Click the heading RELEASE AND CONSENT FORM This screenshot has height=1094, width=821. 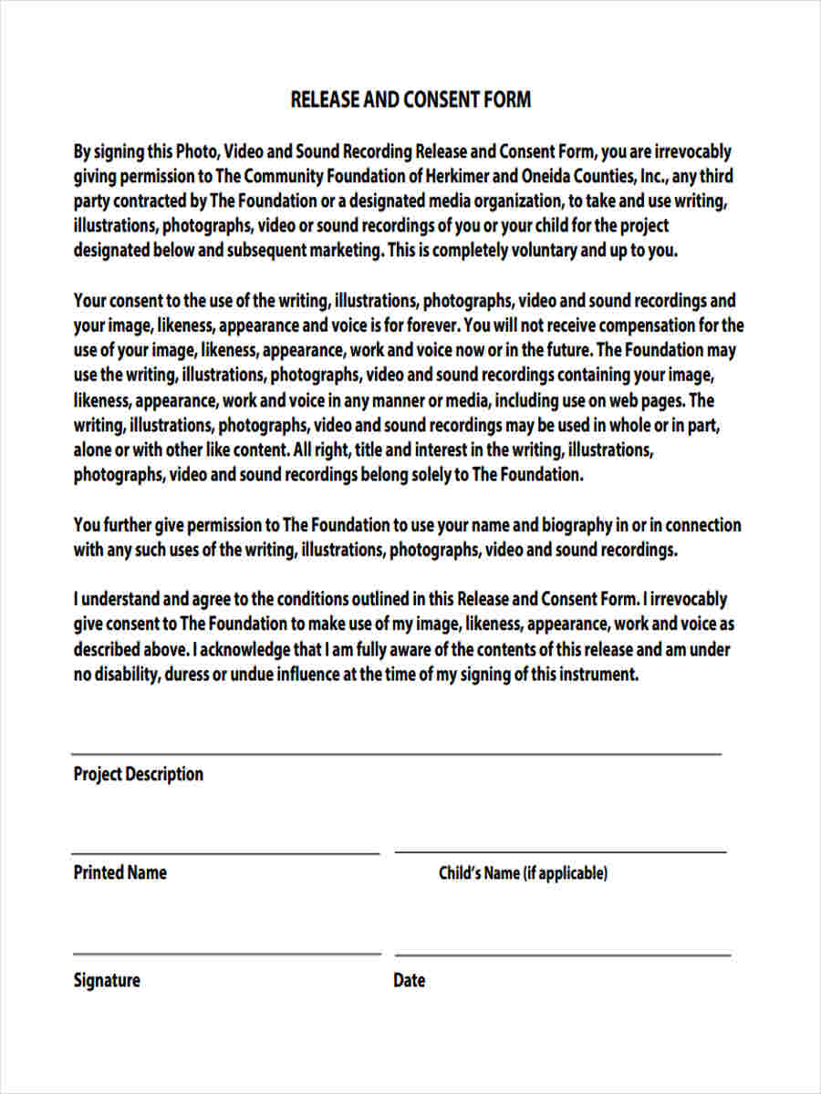pos(410,99)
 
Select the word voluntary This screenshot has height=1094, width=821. pos(544,251)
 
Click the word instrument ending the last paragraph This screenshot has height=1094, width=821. pos(597,675)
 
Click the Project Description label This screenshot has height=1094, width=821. pos(139,774)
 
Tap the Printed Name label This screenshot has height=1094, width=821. pos(120,872)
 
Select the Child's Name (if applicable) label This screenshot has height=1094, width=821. pos(523,873)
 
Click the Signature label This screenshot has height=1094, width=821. pos(107,981)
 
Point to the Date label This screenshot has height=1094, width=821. pos(410,981)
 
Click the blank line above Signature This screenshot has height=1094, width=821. pos(226,954)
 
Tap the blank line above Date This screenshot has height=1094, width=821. pos(562,955)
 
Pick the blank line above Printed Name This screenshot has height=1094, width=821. pos(225,853)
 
